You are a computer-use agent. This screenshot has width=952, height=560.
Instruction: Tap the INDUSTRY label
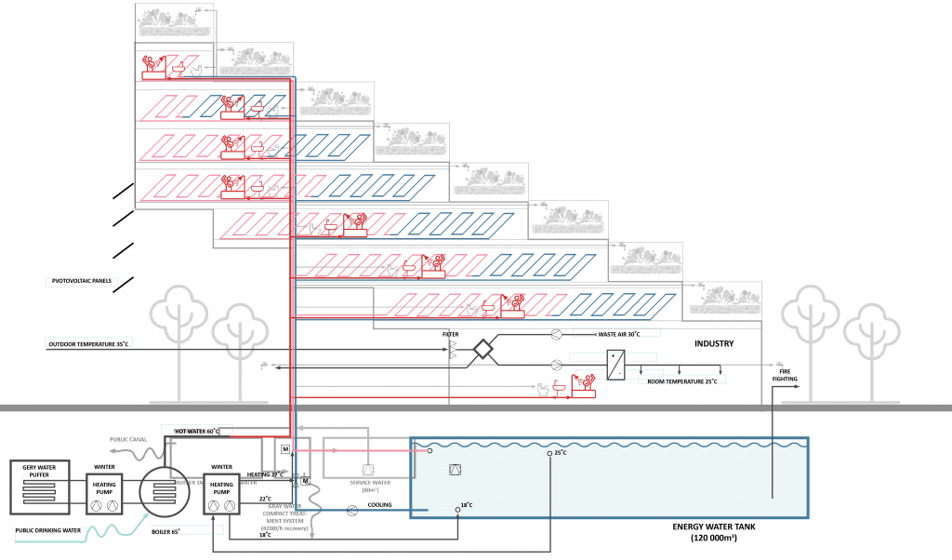[x=714, y=344]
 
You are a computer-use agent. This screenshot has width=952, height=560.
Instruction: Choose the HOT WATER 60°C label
[x=195, y=431]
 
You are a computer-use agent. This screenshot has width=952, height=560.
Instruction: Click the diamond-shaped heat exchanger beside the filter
[x=483, y=350]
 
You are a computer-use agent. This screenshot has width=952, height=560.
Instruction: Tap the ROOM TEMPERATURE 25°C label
[x=682, y=381]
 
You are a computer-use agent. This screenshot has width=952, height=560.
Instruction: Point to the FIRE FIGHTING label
[x=781, y=373]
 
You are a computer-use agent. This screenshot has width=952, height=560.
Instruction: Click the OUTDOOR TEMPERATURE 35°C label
[x=87, y=344]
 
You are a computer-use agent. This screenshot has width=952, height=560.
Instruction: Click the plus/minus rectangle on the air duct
[x=614, y=364]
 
